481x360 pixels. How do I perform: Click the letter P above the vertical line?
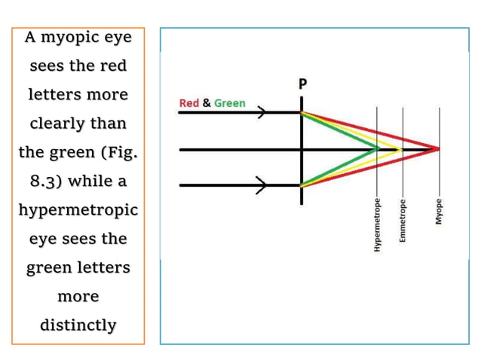tap(302, 84)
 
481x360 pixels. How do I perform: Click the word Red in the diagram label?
tap(188, 103)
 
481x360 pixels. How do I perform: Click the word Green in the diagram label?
tap(230, 103)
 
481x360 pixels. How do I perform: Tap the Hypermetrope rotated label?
tap(377, 219)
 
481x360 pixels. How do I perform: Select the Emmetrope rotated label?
tap(403, 219)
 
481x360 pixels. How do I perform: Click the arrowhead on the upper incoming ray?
tap(262, 112)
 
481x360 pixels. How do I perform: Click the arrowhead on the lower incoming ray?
tap(262, 186)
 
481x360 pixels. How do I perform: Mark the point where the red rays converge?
tap(438, 149)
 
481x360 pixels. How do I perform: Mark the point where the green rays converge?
tap(378, 149)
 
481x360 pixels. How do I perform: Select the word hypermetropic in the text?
tap(78, 210)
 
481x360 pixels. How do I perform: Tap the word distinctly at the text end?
tap(78, 325)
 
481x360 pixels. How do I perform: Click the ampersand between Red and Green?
tap(207, 103)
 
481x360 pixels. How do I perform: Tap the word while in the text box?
tap(93, 182)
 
